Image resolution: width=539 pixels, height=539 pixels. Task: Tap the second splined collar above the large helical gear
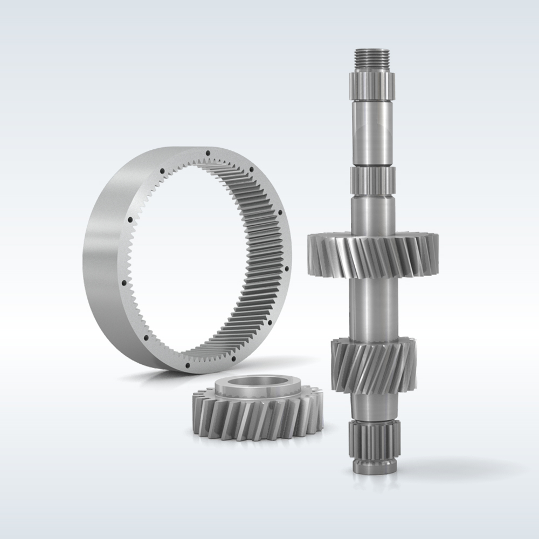pos(373,176)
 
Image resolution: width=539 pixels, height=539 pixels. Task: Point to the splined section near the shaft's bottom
pos(373,439)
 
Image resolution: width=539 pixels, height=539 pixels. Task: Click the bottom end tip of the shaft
pos(373,467)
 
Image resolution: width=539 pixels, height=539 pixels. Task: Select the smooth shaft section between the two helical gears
pos(373,307)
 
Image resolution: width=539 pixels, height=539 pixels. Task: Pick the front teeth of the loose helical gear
pos(253,423)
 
